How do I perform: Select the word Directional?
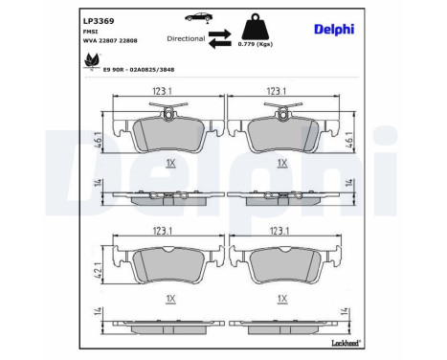click(185, 38)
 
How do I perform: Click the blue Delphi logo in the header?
click(334, 28)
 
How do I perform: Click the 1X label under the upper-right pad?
click(281, 163)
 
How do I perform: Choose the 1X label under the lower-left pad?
click(170, 299)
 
